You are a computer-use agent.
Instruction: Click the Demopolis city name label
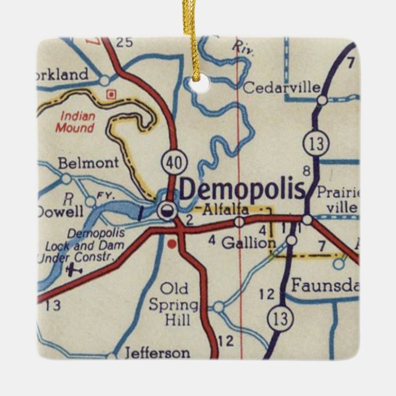(242, 190)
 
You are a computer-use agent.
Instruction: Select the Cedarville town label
(282, 89)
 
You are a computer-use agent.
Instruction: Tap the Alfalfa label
(226, 210)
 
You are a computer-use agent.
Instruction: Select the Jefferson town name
(157, 353)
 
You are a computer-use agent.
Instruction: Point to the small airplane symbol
(74, 268)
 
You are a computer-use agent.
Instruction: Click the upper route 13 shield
(315, 144)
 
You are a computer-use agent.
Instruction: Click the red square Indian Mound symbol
(111, 94)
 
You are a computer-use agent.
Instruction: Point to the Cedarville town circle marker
(322, 100)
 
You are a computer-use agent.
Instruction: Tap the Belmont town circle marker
(66, 179)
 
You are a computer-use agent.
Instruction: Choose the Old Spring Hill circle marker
(218, 306)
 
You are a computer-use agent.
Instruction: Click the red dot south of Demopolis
(172, 244)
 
